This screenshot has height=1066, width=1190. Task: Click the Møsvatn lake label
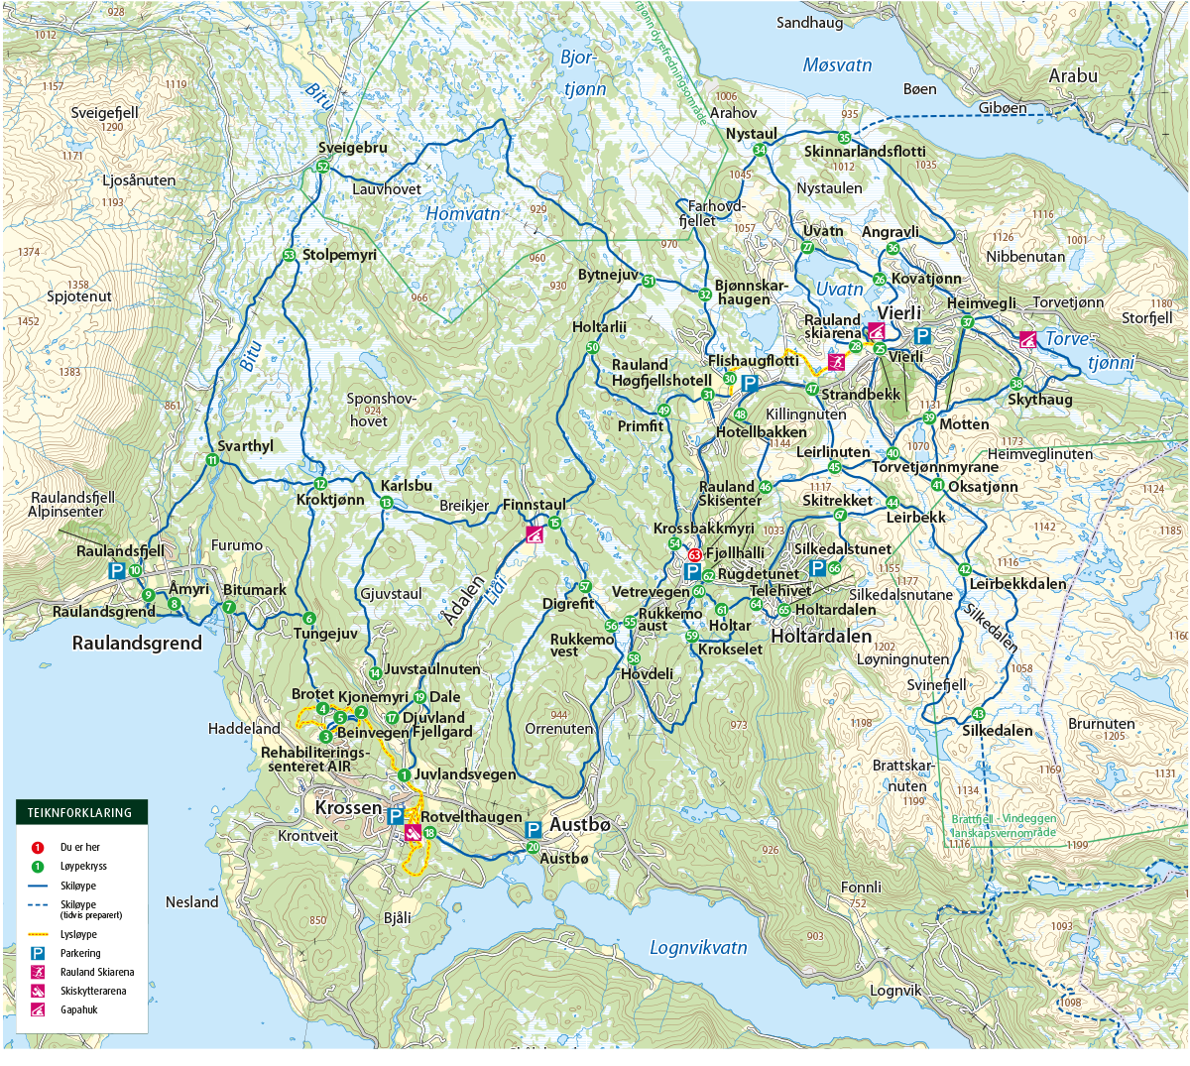point(837,65)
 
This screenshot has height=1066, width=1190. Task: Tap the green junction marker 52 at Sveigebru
point(322,167)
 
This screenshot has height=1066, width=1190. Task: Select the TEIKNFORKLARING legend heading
point(79,812)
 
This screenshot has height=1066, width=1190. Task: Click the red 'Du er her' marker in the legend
point(38,848)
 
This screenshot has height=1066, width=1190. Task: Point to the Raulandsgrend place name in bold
point(137,643)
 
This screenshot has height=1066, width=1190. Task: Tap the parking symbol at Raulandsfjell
point(116,570)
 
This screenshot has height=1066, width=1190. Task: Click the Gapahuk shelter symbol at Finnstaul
point(535,535)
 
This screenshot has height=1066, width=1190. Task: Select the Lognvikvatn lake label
point(698,947)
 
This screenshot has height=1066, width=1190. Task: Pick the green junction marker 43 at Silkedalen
point(979,714)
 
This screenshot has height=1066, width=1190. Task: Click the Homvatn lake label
point(463,213)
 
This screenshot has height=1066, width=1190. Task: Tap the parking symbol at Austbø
point(533,829)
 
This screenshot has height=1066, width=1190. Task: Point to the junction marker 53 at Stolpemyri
point(289,255)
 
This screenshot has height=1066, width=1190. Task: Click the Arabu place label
point(1073,75)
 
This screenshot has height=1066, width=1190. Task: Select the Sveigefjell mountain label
point(104,113)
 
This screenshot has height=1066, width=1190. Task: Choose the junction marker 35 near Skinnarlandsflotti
point(844,138)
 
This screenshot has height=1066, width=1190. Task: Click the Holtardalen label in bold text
point(821,636)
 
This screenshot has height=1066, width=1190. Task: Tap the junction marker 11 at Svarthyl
point(212,460)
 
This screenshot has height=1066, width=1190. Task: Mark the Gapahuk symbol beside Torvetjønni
point(1028,339)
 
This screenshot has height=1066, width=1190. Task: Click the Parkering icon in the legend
point(38,953)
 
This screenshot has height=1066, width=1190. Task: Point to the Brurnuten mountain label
point(1101,724)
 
